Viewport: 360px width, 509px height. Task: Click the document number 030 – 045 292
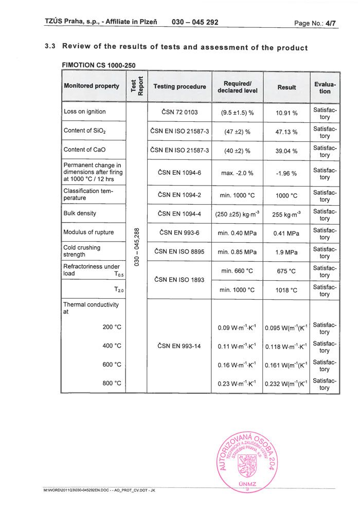pyautogui.click(x=195, y=22)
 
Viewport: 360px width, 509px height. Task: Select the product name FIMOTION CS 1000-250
pyautogui.click(x=98, y=65)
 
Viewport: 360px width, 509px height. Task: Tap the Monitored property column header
pyautogui.click(x=92, y=86)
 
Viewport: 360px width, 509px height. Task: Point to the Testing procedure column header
pyautogui.click(x=179, y=86)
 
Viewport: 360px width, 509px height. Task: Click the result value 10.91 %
pyautogui.click(x=286, y=113)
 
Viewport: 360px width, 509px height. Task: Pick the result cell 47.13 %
pyautogui.click(x=286, y=132)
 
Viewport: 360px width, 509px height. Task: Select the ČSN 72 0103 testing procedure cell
pyautogui.click(x=179, y=112)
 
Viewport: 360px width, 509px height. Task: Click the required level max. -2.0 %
pyautogui.click(x=237, y=173)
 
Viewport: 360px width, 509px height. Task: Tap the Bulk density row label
pyautogui.click(x=80, y=213)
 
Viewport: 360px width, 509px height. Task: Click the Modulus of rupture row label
pyautogui.click(x=88, y=232)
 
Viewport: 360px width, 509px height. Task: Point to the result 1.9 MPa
pyautogui.click(x=286, y=252)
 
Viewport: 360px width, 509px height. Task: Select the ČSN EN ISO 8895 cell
pyautogui.click(x=179, y=252)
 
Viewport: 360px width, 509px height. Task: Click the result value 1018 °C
pyautogui.click(x=286, y=290)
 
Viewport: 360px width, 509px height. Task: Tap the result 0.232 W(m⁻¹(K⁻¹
pyautogui.click(x=286, y=384)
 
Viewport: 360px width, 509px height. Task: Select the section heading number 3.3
pyautogui.click(x=50, y=47)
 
